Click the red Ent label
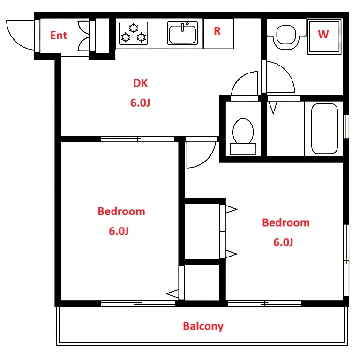point(59,36)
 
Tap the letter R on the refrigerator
point(217,31)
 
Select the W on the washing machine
point(323,34)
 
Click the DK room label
point(140,83)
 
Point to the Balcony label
point(203,326)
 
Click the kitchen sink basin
point(182,35)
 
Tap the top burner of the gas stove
point(133,28)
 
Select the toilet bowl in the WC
point(243,132)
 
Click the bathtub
point(324,129)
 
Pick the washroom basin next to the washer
point(286,35)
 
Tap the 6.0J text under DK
point(140,103)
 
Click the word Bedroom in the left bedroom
point(121,211)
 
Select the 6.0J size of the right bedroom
point(283,242)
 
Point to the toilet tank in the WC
point(243,149)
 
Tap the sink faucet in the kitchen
point(183,27)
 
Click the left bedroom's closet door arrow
point(172,294)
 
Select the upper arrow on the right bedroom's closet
point(231,209)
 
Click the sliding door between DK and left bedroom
point(137,139)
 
